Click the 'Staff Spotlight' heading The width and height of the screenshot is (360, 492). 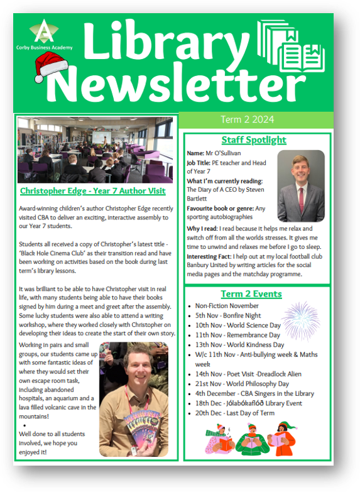pyautogui.click(x=254, y=140)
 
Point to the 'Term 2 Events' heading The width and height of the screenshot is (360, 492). pyautogui.click(x=251, y=294)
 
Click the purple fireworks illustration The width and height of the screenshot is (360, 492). pyautogui.click(x=300, y=321)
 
